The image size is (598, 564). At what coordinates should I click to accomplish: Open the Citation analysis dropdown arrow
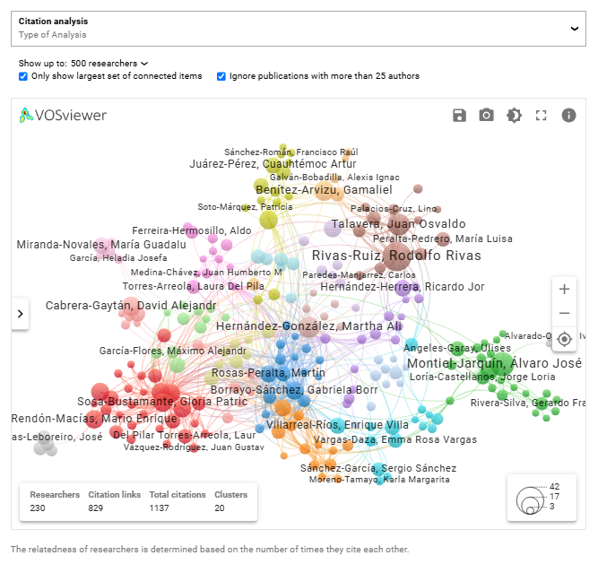tap(575, 28)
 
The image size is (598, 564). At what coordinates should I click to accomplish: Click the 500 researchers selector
tap(109, 64)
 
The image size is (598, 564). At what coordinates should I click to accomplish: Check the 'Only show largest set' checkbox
tap(23, 77)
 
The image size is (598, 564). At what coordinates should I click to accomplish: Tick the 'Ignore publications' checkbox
tap(221, 77)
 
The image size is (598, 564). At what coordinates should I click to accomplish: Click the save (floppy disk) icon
tap(459, 115)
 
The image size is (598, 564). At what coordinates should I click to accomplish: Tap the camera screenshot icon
tap(486, 115)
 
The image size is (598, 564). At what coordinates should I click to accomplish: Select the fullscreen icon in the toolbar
tap(541, 115)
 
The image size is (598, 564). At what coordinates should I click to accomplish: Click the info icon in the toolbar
tap(568, 115)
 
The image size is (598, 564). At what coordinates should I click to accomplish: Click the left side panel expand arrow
tap(21, 313)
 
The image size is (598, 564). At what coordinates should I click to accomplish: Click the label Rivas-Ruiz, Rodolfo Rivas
tap(396, 256)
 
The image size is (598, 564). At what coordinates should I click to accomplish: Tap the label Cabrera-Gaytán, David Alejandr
tap(131, 306)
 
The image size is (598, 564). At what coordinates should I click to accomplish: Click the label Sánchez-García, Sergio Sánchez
tap(377, 468)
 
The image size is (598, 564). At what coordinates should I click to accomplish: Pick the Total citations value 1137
tap(165, 508)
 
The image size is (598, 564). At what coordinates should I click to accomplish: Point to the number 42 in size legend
tap(555, 487)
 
